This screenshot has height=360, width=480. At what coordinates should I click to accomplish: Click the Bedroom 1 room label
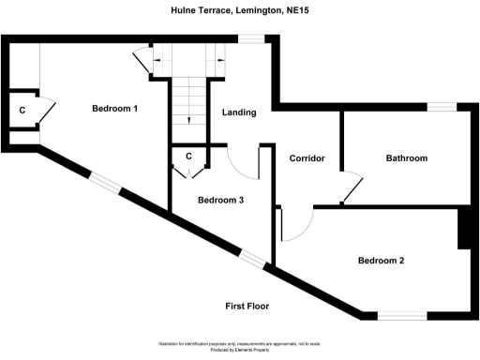(115, 109)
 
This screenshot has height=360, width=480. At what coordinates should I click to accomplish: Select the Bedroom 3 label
(220, 200)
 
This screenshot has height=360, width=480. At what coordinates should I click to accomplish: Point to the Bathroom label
(407, 158)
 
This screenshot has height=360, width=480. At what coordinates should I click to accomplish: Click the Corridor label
(307, 158)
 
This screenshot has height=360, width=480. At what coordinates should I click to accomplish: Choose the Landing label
(239, 113)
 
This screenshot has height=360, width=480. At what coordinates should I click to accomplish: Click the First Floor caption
(247, 307)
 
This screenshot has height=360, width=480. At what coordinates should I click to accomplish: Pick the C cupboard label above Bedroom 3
(188, 156)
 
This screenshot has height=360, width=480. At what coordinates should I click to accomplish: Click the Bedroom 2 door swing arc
(298, 225)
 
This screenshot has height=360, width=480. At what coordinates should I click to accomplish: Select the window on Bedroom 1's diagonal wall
(105, 183)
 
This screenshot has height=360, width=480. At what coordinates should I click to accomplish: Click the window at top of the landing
(250, 37)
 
